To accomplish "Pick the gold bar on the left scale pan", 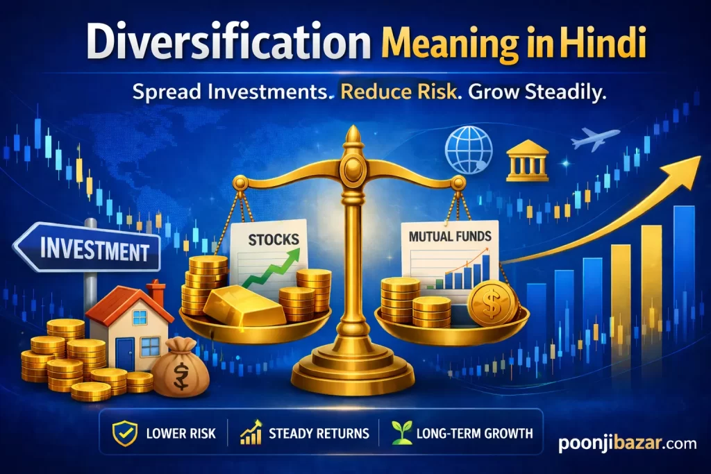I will point(243,305).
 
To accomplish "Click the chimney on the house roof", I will point(156,292).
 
